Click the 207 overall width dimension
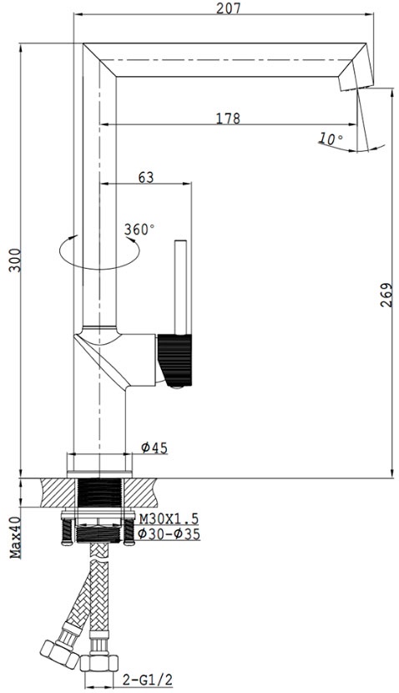(x=229, y=8)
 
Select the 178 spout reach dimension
(x=228, y=118)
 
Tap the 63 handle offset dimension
(x=146, y=177)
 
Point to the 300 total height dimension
(x=14, y=261)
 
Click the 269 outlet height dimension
(x=386, y=296)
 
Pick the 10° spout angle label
(x=330, y=139)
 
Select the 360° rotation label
(x=139, y=230)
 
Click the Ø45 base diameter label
(x=154, y=448)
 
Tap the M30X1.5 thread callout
(x=169, y=518)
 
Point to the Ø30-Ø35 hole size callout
(x=169, y=534)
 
